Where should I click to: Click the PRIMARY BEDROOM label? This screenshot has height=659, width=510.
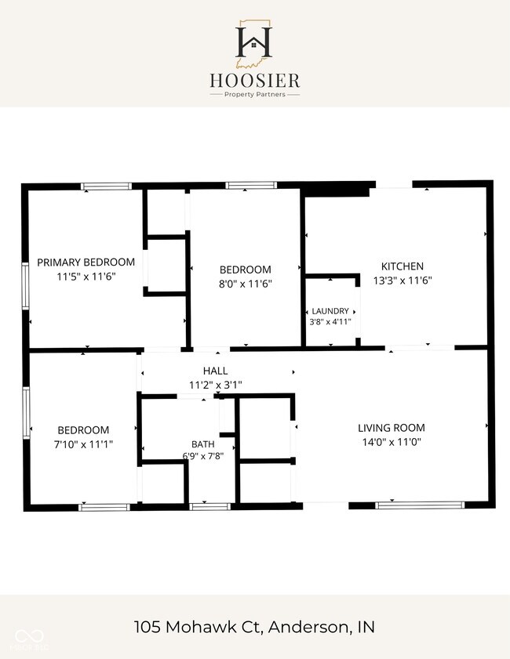point(86,263)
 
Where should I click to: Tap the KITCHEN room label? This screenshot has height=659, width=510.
point(403,266)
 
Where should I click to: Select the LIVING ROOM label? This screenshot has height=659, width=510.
point(392,428)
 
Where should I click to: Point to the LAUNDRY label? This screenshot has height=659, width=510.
point(330,311)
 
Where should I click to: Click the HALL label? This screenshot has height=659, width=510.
point(216,371)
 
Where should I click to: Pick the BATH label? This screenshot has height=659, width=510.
point(202,444)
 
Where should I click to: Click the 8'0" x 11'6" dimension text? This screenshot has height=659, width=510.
point(246,284)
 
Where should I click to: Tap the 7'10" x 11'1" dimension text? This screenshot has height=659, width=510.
point(83,444)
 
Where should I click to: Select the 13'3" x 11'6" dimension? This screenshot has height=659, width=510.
point(403,281)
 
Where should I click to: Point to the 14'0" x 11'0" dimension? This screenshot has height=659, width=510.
point(392,442)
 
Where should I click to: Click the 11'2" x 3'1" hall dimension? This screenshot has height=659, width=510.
point(216,385)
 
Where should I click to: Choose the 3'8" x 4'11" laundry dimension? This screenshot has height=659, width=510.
point(330,322)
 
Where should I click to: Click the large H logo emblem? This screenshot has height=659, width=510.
point(253,43)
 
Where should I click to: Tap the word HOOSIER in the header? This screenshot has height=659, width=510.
point(255,80)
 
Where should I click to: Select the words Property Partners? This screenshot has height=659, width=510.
point(255,95)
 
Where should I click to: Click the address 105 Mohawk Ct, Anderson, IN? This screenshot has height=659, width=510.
point(254,627)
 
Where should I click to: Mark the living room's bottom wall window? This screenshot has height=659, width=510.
point(420,505)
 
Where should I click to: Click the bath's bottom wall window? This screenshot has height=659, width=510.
point(209,507)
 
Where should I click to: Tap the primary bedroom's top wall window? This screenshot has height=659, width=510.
point(107,186)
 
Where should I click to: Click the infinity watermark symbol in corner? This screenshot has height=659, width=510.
point(30,635)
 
